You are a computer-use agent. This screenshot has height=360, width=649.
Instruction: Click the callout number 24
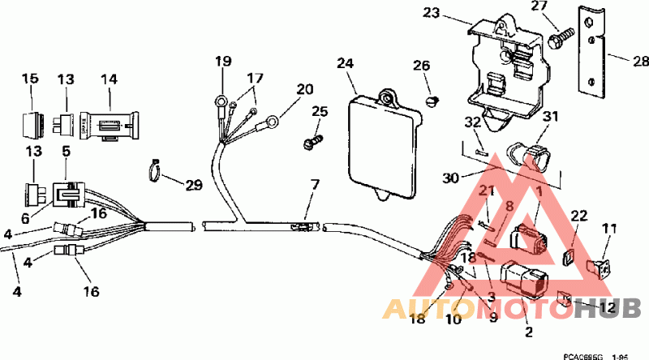[345, 62]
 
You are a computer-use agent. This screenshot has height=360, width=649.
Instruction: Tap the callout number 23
[431, 13]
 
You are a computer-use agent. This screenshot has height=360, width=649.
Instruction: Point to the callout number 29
[192, 186]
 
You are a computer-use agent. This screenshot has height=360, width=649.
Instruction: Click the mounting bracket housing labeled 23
[503, 69]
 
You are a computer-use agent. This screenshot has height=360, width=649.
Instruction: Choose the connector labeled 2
[522, 283]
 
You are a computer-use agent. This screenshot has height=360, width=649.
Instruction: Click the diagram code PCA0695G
[584, 354]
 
